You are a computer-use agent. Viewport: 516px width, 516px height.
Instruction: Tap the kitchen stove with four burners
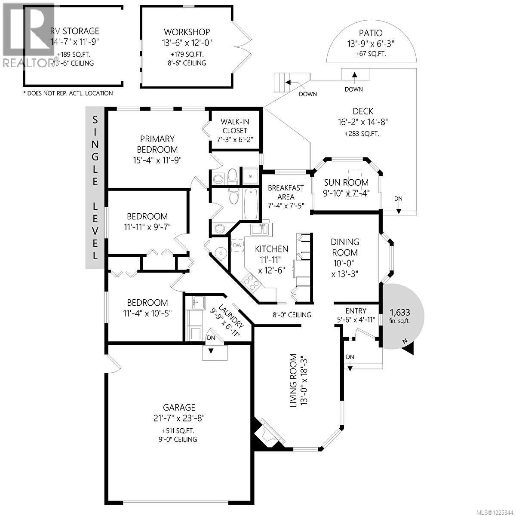pyautogui.click(x=251, y=282)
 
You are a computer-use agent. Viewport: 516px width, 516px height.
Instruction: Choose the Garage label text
pyautogui.click(x=179, y=407)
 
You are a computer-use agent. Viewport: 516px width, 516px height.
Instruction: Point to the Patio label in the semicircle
pyautogui.click(x=370, y=33)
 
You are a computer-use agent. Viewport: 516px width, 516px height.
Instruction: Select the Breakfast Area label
pyautogui.click(x=286, y=192)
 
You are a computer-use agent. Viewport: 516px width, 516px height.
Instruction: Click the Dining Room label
pyautogui.click(x=345, y=247)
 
